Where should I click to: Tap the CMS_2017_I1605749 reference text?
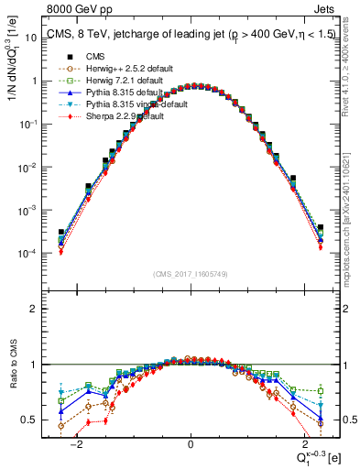coord(191,274)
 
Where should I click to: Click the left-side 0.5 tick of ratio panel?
coord(29,420)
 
